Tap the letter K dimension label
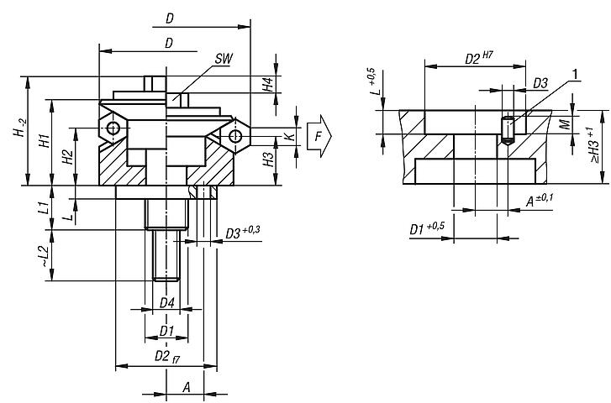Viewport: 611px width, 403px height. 291,134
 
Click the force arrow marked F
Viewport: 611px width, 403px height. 319,135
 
